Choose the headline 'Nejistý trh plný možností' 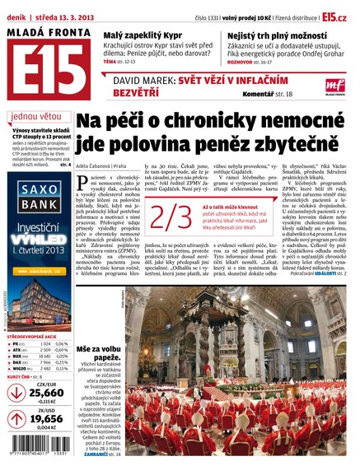click(x=262, y=35)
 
